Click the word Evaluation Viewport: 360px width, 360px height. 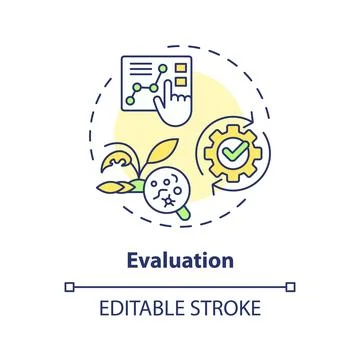(180, 261)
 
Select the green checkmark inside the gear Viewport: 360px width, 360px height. (234, 154)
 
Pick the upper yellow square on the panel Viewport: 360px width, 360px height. (183, 68)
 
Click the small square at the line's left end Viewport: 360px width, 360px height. (69, 286)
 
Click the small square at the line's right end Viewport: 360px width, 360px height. (291, 286)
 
